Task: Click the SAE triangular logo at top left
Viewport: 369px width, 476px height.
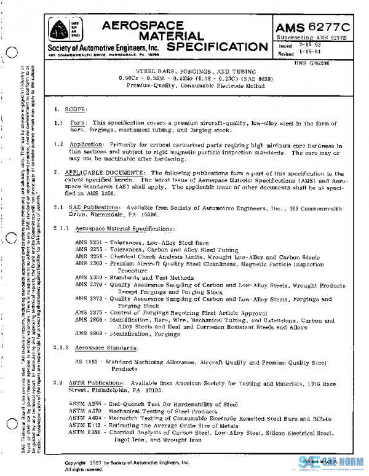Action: point(60,29)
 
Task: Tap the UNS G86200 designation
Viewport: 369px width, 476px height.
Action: point(315,63)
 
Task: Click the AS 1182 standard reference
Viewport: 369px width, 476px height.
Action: point(87,363)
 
